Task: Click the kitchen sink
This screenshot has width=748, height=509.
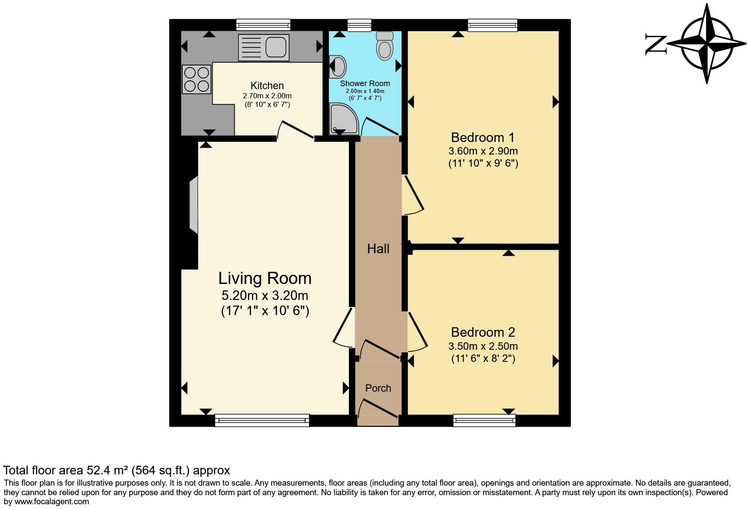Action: point(264,47)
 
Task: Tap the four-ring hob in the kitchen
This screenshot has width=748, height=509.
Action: point(197,79)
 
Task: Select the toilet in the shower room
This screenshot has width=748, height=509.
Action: point(384,46)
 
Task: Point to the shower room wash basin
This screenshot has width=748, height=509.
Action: point(338,66)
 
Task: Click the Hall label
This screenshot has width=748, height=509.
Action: point(378,249)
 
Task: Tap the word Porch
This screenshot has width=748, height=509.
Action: point(378,388)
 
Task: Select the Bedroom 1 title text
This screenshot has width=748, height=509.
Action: point(483,138)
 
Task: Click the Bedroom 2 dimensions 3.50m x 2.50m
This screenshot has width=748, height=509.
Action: point(483,346)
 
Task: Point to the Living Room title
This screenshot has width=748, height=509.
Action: point(264,278)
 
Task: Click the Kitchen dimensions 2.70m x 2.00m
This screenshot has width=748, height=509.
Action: point(267,96)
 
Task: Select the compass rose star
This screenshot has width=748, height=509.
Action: point(707,44)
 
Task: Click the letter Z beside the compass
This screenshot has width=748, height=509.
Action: point(655,44)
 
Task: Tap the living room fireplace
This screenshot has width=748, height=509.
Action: point(193,205)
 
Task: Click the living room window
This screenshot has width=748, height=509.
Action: point(262,420)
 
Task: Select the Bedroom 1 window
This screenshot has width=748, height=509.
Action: point(493,25)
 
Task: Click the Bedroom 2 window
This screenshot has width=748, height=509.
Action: point(484,420)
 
